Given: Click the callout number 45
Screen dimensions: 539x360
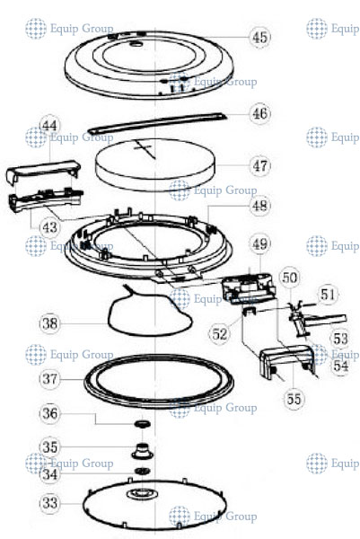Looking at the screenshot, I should coord(260,38).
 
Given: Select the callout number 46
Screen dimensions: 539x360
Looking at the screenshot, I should coord(259,114).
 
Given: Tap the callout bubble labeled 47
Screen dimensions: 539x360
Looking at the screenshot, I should coord(259,166).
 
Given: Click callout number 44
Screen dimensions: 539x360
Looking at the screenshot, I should coord(49,127).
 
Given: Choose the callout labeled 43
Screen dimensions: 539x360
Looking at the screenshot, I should coord(49,228).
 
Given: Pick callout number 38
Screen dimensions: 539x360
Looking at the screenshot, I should coord(50,321).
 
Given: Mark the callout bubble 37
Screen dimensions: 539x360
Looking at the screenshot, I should coord(50,379).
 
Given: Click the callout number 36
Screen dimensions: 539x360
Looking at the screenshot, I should coord(50,413).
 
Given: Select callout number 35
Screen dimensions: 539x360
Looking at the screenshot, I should coord(50,446).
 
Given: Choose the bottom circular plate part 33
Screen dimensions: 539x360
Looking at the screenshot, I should coord(144,499).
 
